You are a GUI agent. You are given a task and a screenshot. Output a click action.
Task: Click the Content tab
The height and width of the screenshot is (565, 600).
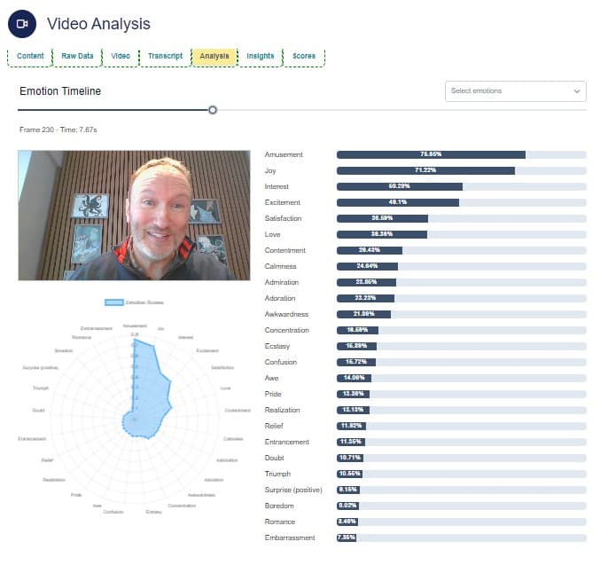[x=31, y=57]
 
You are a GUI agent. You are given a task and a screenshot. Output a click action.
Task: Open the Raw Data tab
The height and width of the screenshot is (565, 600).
[x=78, y=57]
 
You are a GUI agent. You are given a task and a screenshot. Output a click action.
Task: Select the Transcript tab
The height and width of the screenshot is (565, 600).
[x=166, y=57]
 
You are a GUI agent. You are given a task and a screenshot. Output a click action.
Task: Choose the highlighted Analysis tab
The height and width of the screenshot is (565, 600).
[x=214, y=57]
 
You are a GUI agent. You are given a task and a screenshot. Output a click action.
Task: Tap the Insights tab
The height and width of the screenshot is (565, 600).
[x=261, y=57]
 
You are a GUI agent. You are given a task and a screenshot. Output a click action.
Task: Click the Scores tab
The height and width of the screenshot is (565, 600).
[x=304, y=57]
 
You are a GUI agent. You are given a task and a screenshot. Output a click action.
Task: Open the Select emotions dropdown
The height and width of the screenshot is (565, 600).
[x=515, y=91]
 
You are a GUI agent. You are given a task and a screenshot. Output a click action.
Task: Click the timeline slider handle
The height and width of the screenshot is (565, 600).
[x=213, y=110]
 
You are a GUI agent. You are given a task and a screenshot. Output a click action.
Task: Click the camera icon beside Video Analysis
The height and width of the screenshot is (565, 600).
[x=21, y=24]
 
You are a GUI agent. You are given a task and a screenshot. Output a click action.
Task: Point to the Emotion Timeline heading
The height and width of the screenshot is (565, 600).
[x=60, y=91]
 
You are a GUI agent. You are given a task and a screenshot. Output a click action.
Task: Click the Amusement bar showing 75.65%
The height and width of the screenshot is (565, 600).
[x=431, y=154]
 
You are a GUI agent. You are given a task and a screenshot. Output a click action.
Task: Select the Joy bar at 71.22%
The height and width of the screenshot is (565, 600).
[x=425, y=170]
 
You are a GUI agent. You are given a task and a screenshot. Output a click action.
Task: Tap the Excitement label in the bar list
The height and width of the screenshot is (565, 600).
[x=283, y=202]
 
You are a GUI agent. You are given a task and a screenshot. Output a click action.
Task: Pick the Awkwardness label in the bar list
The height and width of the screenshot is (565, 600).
[x=285, y=314]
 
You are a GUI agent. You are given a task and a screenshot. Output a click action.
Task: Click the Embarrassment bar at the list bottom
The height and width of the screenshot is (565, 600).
[x=346, y=538]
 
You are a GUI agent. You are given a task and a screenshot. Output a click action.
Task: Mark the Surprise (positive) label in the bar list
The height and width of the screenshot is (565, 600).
[x=293, y=490]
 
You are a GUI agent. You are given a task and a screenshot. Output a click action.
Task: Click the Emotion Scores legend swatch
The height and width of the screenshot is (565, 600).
[x=113, y=302]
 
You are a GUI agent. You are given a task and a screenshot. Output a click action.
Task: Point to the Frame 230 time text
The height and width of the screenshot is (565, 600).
[x=58, y=129]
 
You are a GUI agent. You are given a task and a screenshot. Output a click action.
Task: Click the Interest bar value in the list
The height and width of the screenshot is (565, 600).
[x=400, y=186]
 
